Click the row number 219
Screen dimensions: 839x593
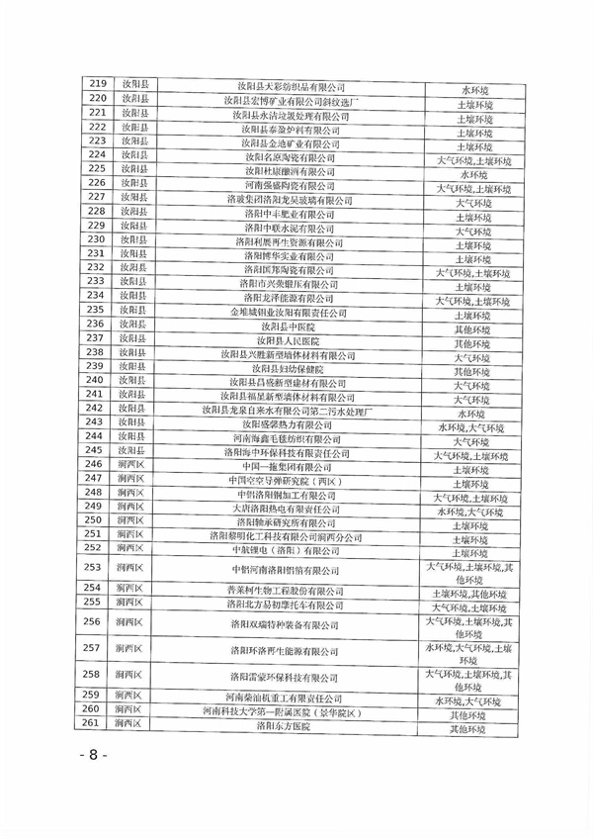[97, 86]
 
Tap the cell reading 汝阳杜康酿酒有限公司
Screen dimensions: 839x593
[290, 171]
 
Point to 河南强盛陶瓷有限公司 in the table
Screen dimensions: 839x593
[290, 186]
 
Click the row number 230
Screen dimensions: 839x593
[97, 241]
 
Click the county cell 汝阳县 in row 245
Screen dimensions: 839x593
[135, 451]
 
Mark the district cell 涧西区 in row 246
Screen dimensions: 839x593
[135, 465]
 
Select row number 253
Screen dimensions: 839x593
[97, 569]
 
